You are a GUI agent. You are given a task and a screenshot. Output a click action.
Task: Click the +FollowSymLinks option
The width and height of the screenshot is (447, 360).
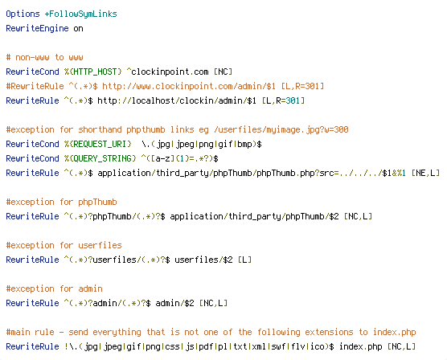(x=80, y=14)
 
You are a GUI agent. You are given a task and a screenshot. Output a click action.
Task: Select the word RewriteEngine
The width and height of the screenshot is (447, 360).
(x=37, y=28)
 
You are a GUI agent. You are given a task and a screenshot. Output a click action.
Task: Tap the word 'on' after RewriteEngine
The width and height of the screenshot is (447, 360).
(x=79, y=29)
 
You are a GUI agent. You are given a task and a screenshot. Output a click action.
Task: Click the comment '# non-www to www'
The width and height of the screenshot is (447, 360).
(x=44, y=57)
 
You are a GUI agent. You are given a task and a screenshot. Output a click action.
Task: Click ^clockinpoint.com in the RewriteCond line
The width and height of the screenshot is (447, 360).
(x=167, y=72)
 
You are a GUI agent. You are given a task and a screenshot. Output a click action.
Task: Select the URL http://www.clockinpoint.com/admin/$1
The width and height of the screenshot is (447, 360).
(x=189, y=86)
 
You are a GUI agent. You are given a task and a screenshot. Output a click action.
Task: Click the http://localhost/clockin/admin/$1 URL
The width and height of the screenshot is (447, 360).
(x=177, y=100)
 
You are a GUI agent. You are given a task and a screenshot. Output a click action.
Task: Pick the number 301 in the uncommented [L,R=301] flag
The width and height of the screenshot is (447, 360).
(x=293, y=100)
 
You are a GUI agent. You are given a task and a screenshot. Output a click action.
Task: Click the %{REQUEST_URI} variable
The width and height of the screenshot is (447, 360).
(x=98, y=144)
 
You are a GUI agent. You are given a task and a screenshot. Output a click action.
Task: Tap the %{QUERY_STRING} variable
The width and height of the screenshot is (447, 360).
(x=100, y=158)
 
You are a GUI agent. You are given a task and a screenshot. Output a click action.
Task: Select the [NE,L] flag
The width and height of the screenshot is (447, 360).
(x=425, y=173)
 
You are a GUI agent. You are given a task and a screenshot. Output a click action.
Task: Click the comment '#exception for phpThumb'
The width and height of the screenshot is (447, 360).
(x=62, y=202)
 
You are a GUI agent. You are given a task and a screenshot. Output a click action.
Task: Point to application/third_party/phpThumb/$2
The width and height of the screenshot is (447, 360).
(x=254, y=216)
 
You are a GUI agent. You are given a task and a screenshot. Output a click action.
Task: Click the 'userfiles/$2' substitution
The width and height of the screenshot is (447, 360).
(x=203, y=260)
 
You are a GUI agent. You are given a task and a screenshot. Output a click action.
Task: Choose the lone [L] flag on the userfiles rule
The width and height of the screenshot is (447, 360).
(x=244, y=260)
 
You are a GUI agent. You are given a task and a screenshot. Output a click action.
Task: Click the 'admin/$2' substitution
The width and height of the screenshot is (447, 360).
(x=174, y=303)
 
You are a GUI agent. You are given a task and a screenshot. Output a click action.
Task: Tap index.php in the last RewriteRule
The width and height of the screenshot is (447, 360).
(x=360, y=346)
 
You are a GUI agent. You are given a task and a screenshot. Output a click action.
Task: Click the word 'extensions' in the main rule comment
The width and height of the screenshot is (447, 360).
(x=329, y=332)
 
